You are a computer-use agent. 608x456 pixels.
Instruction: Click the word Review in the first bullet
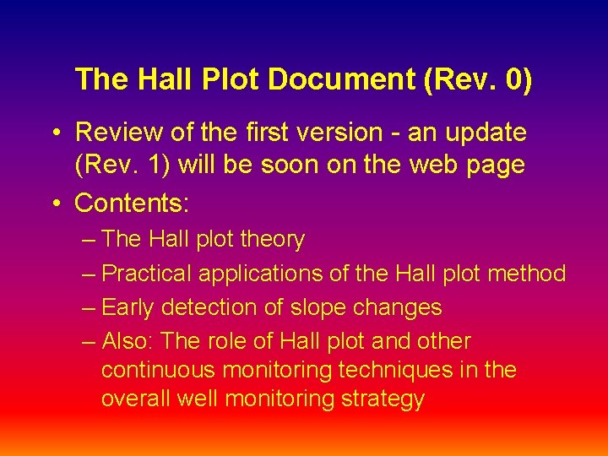[x=118, y=133]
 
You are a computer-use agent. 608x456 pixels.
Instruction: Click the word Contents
[x=132, y=203]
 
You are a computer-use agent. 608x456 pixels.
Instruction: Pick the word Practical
[x=147, y=274]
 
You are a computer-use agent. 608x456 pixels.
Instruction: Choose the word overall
[x=136, y=399]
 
